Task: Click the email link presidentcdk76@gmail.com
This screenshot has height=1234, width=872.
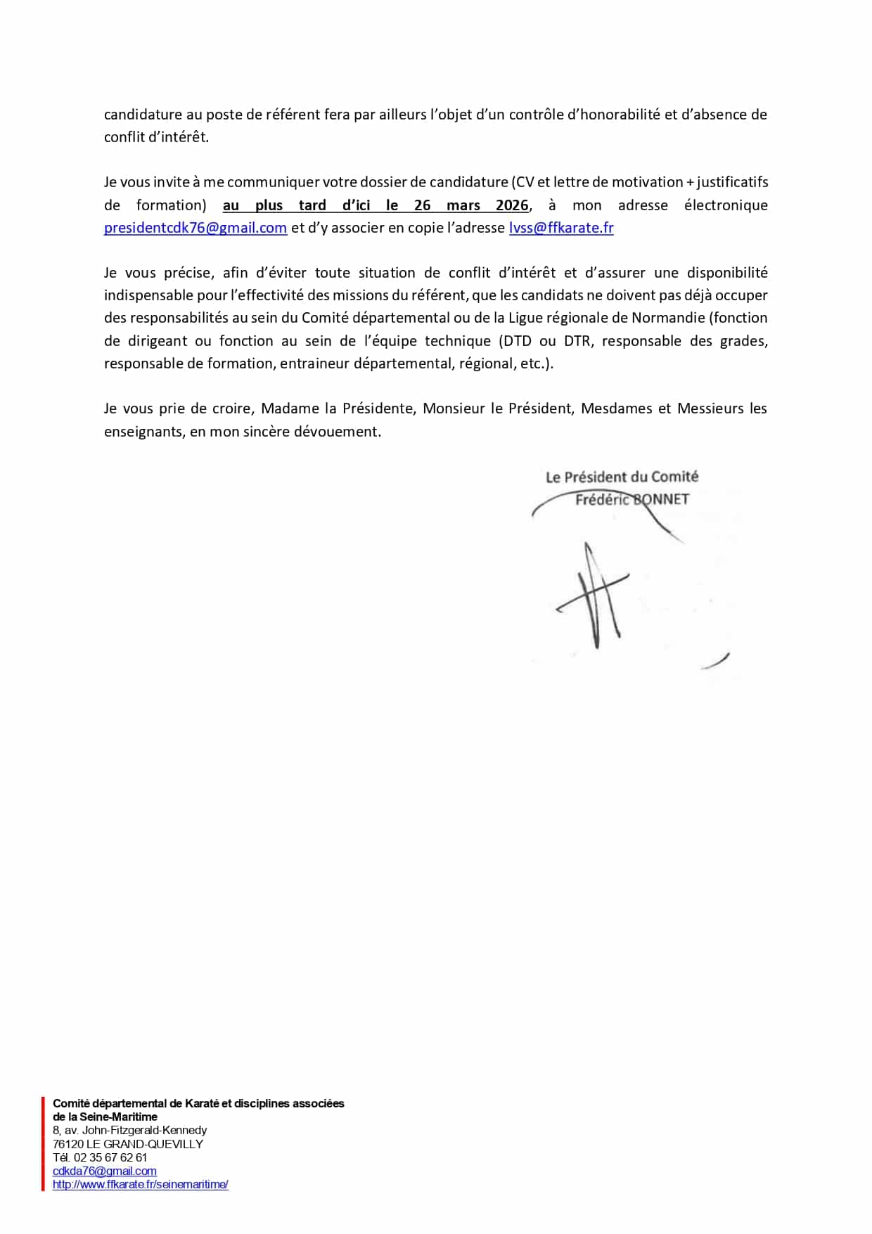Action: pyautogui.click(x=195, y=228)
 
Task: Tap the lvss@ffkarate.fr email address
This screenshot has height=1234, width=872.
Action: pyautogui.click(x=561, y=228)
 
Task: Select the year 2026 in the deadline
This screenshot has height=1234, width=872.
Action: pyautogui.click(x=511, y=205)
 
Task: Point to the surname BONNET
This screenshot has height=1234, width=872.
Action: pyautogui.click(x=661, y=500)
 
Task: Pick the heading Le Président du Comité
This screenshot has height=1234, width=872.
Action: pyautogui.click(x=622, y=477)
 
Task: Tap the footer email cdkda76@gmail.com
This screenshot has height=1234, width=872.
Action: pyautogui.click(x=104, y=1171)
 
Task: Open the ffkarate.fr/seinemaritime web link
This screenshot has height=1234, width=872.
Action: pyautogui.click(x=140, y=1184)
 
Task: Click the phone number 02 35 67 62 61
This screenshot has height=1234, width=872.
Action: pyautogui.click(x=110, y=1157)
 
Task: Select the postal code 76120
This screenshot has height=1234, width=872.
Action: pyautogui.click(x=68, y=1144)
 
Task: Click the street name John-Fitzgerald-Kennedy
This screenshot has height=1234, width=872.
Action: pyautogui.click(x=145, y=1130)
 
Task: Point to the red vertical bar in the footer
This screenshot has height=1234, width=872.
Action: pyautogui.click(x=42, y=1143)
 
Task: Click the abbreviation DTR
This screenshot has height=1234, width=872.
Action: pyautogui.click(x=577, y=341)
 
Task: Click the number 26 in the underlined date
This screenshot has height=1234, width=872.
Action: pyautogui.click(x=422, y=205)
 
